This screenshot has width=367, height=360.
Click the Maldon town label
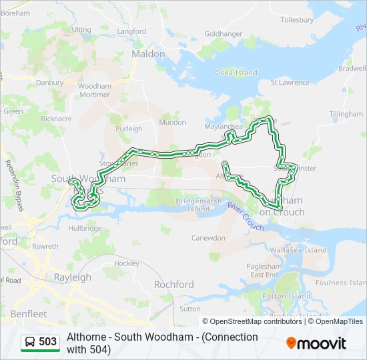[148, 53]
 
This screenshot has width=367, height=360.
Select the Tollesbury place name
[296, 20]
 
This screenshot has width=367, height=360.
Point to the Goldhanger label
[224, 33]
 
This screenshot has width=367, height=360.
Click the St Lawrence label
[290, 83]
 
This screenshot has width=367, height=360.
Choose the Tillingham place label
[346, 114]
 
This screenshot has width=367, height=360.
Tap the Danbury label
[49, 83]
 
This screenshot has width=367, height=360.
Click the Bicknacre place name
[55, 119]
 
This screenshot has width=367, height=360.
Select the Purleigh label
[129, 129]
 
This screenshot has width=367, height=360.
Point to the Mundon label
[172, 123]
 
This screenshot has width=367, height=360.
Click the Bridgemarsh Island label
[193, 205]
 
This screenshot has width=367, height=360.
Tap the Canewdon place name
[210, 238]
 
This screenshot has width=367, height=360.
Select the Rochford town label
[173, 284]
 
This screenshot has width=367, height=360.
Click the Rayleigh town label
[72, 277]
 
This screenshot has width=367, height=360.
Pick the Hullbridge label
[85, 228]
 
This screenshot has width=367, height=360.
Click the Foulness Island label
[341, 283]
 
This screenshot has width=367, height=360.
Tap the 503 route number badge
[40, 342]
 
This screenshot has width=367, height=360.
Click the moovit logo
[316, 343]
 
